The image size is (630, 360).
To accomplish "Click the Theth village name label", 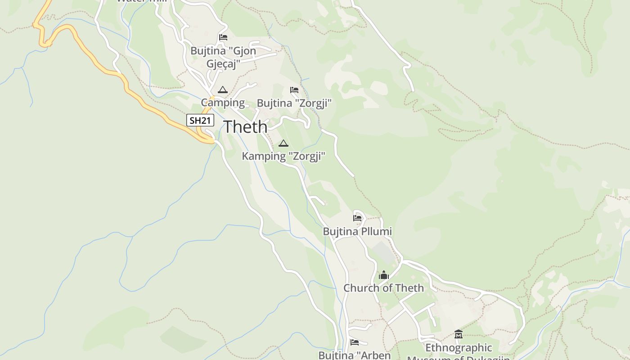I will pyautogui.click(x=245, y=127).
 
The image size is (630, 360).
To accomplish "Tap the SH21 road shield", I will pyautogui.click(x=200, y=120).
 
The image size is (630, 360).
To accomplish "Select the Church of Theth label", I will pyautogui.click(x=383, y=288).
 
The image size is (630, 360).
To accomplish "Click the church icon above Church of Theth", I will pyautogui.click(x=383, y=275).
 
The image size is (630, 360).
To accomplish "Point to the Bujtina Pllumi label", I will pyautogui.click(x=357, y=231).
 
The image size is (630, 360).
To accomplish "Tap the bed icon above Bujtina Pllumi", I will pyautogui.click(x=357, y=218).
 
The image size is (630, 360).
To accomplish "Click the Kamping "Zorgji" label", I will pyautogui.click(x=283, y=156).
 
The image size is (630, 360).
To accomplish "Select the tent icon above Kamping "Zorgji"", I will pyautogui.click(x=283, y=144).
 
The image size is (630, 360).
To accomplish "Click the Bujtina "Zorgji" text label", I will pyautogui.click(x=294, y=103).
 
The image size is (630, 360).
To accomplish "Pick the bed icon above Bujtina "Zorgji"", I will pyautogui.click(x=294, y=90).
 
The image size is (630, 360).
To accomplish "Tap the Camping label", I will pyautogui.click(x=223, y=103).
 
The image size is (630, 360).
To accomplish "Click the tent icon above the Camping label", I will pyautogui.click(x=222, y=90).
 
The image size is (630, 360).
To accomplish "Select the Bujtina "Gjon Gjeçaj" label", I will pyautogui.click(x=223, y=57).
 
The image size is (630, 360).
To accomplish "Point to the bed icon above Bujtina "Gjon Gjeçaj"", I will pyautogui.click(x=223, y=37).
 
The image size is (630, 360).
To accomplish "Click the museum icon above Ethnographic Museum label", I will pyautogui.click(x=459, y=334).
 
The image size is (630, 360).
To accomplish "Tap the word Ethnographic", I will pyautogui.click(x=459, y=348).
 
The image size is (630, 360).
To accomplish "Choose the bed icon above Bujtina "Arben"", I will pyautogui.click(x=355, y=342).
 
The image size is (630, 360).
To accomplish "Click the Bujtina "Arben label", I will pyautogui.click(x=355, y=355).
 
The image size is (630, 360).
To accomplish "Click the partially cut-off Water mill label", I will pyautogui.click(x=142, y=1).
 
